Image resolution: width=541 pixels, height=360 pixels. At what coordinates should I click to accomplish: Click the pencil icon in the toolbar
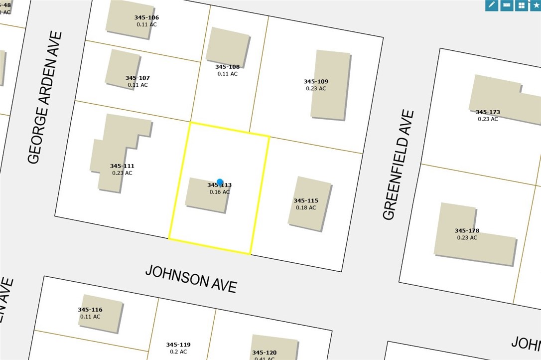coord(492,5)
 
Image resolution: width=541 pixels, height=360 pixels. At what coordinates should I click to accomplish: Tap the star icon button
coord(535,5)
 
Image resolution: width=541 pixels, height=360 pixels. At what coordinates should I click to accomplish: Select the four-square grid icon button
coord(521,5)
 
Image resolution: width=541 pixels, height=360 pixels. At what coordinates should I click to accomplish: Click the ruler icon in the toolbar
coord(507,5)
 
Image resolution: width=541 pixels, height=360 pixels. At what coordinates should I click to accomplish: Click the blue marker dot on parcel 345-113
coord(220,183)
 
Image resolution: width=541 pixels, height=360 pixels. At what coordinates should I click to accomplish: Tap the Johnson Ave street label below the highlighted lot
coord(191,279)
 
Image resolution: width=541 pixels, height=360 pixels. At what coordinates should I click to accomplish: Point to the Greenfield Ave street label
coord(399,165)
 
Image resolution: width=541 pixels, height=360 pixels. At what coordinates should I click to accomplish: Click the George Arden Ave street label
coord(45,98)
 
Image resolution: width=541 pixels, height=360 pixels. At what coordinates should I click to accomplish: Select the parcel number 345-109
coord(316,81)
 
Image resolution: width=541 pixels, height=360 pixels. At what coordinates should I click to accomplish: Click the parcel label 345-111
coord(122,166)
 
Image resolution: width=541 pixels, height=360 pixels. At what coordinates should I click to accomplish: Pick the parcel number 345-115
coord(306,201)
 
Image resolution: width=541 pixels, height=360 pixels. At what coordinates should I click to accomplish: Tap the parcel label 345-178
coord(467,231)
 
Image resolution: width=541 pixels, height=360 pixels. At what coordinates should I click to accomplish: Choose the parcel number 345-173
coord(488,112)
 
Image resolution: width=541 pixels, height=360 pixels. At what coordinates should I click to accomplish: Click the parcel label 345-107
coord(137,78)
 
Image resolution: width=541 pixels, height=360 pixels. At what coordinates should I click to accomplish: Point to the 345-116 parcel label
coord(90,310)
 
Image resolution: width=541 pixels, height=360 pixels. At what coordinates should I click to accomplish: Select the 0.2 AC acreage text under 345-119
coord(178,352)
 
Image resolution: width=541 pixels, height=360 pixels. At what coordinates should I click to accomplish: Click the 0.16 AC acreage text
coord(220,192)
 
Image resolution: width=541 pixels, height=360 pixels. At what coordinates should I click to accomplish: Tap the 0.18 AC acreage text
coord(306,207)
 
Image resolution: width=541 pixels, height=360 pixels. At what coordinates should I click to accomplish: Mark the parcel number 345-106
coord(146,17)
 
